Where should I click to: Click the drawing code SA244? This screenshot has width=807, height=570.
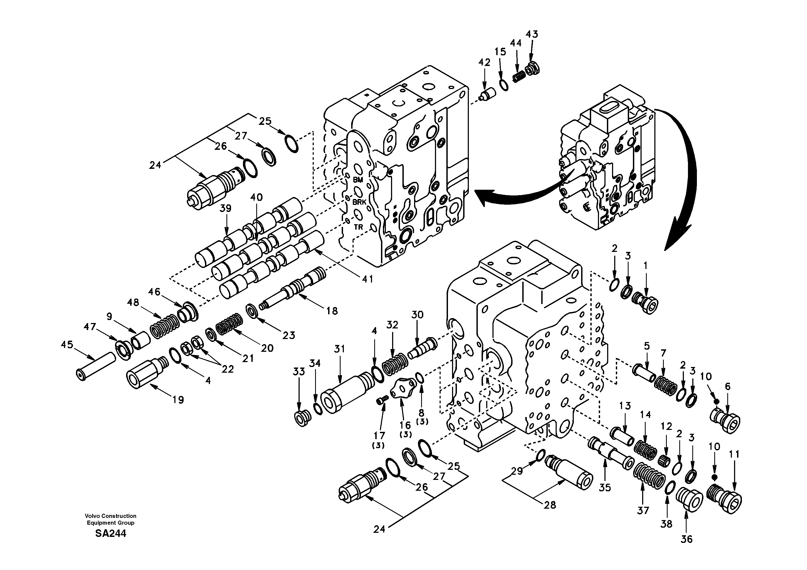(x=110, y=534)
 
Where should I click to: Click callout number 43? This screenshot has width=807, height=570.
(x=532, y=34)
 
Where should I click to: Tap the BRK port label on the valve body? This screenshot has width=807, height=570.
(x=359, y=202)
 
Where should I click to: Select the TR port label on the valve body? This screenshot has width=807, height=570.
(x=358, y=227)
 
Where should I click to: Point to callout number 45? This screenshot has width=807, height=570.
(x=67, y=344)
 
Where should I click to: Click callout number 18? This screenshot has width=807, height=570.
(x=332, y=311)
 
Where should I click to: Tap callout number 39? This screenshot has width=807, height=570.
(x=225, y=208)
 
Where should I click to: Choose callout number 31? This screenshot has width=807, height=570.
(x=339, y=349)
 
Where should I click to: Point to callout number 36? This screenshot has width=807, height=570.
(x=686, y=539)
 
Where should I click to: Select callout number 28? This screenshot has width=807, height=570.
(x=550, y=505)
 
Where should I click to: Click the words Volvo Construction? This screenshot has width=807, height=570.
(x=110, y=516)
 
